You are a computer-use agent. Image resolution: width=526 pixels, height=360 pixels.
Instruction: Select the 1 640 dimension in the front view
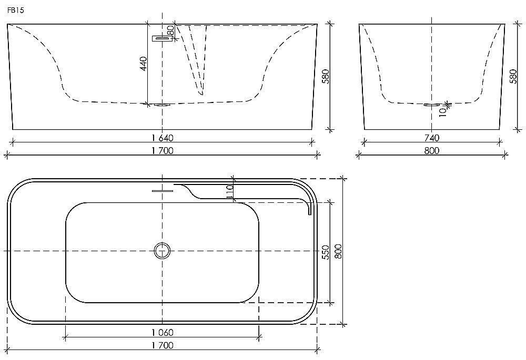click(x=162, y=138)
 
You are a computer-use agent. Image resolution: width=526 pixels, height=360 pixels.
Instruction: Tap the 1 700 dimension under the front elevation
click(x=162, y=151)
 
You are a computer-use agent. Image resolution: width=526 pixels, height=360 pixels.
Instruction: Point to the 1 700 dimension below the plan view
click(x=162, y=345)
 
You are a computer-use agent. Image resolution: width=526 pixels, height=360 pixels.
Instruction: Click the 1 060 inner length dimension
click(x=162, y=332)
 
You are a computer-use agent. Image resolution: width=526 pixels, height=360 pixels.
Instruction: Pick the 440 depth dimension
click(x=143, y=64)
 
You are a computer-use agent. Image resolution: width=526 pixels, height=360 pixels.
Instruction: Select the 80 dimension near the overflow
click(x=171, y=30)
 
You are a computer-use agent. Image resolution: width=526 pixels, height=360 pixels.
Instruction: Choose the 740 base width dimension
click(x=432, y=138)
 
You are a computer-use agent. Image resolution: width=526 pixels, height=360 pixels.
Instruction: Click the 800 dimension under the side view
click(x=432, y=151)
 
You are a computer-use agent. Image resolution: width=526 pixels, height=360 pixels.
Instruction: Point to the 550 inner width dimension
click(x=326, y=252)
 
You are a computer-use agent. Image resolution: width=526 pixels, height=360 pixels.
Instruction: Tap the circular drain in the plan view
click(x=163, y=251)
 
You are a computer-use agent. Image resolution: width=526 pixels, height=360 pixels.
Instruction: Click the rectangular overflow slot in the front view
click(x=161, y=38)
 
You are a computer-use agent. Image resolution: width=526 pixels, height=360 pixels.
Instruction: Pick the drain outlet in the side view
click(x=432, y=105)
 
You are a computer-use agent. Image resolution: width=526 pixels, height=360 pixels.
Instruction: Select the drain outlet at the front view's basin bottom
click(x=162, y=104)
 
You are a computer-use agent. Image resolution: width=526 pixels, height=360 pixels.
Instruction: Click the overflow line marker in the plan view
click(x=162, y=190)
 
